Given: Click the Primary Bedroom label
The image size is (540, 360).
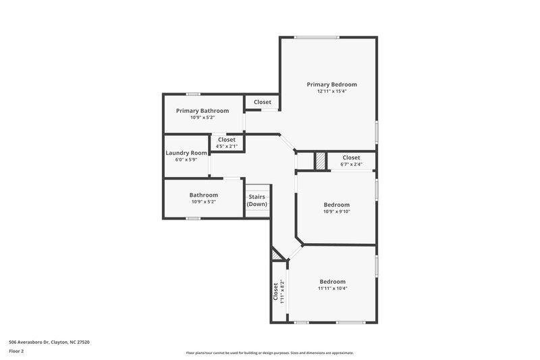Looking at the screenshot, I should coord(331,84).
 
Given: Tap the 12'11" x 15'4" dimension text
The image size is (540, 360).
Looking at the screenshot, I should coord(331,91).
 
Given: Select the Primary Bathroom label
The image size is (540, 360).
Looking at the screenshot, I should coord(202,111).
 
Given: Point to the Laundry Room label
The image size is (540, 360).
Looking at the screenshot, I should coord(186,153).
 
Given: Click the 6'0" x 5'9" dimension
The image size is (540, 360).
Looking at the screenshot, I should coord(186,159).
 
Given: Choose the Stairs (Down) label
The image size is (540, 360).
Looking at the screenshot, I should coord(257,201).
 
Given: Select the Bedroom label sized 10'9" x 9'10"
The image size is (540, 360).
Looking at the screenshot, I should coord(336,205).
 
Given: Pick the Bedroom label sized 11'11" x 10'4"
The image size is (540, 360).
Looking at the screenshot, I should coord(332,282).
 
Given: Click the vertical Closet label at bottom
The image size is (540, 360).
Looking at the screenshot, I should coord(275,291).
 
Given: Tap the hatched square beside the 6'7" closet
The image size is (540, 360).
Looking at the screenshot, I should coord(321,161).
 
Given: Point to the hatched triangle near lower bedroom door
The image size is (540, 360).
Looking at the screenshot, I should coord(276,255).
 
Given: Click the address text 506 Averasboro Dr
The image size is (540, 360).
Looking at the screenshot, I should coord(49,342).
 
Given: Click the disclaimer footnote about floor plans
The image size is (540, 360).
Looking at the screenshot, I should coord(269,353).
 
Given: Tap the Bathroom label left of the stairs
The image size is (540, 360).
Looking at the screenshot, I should coord(203,195).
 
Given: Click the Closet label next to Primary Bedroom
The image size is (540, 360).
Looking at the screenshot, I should coord(263,102).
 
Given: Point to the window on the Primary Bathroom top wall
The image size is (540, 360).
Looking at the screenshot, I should coord(193,94).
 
